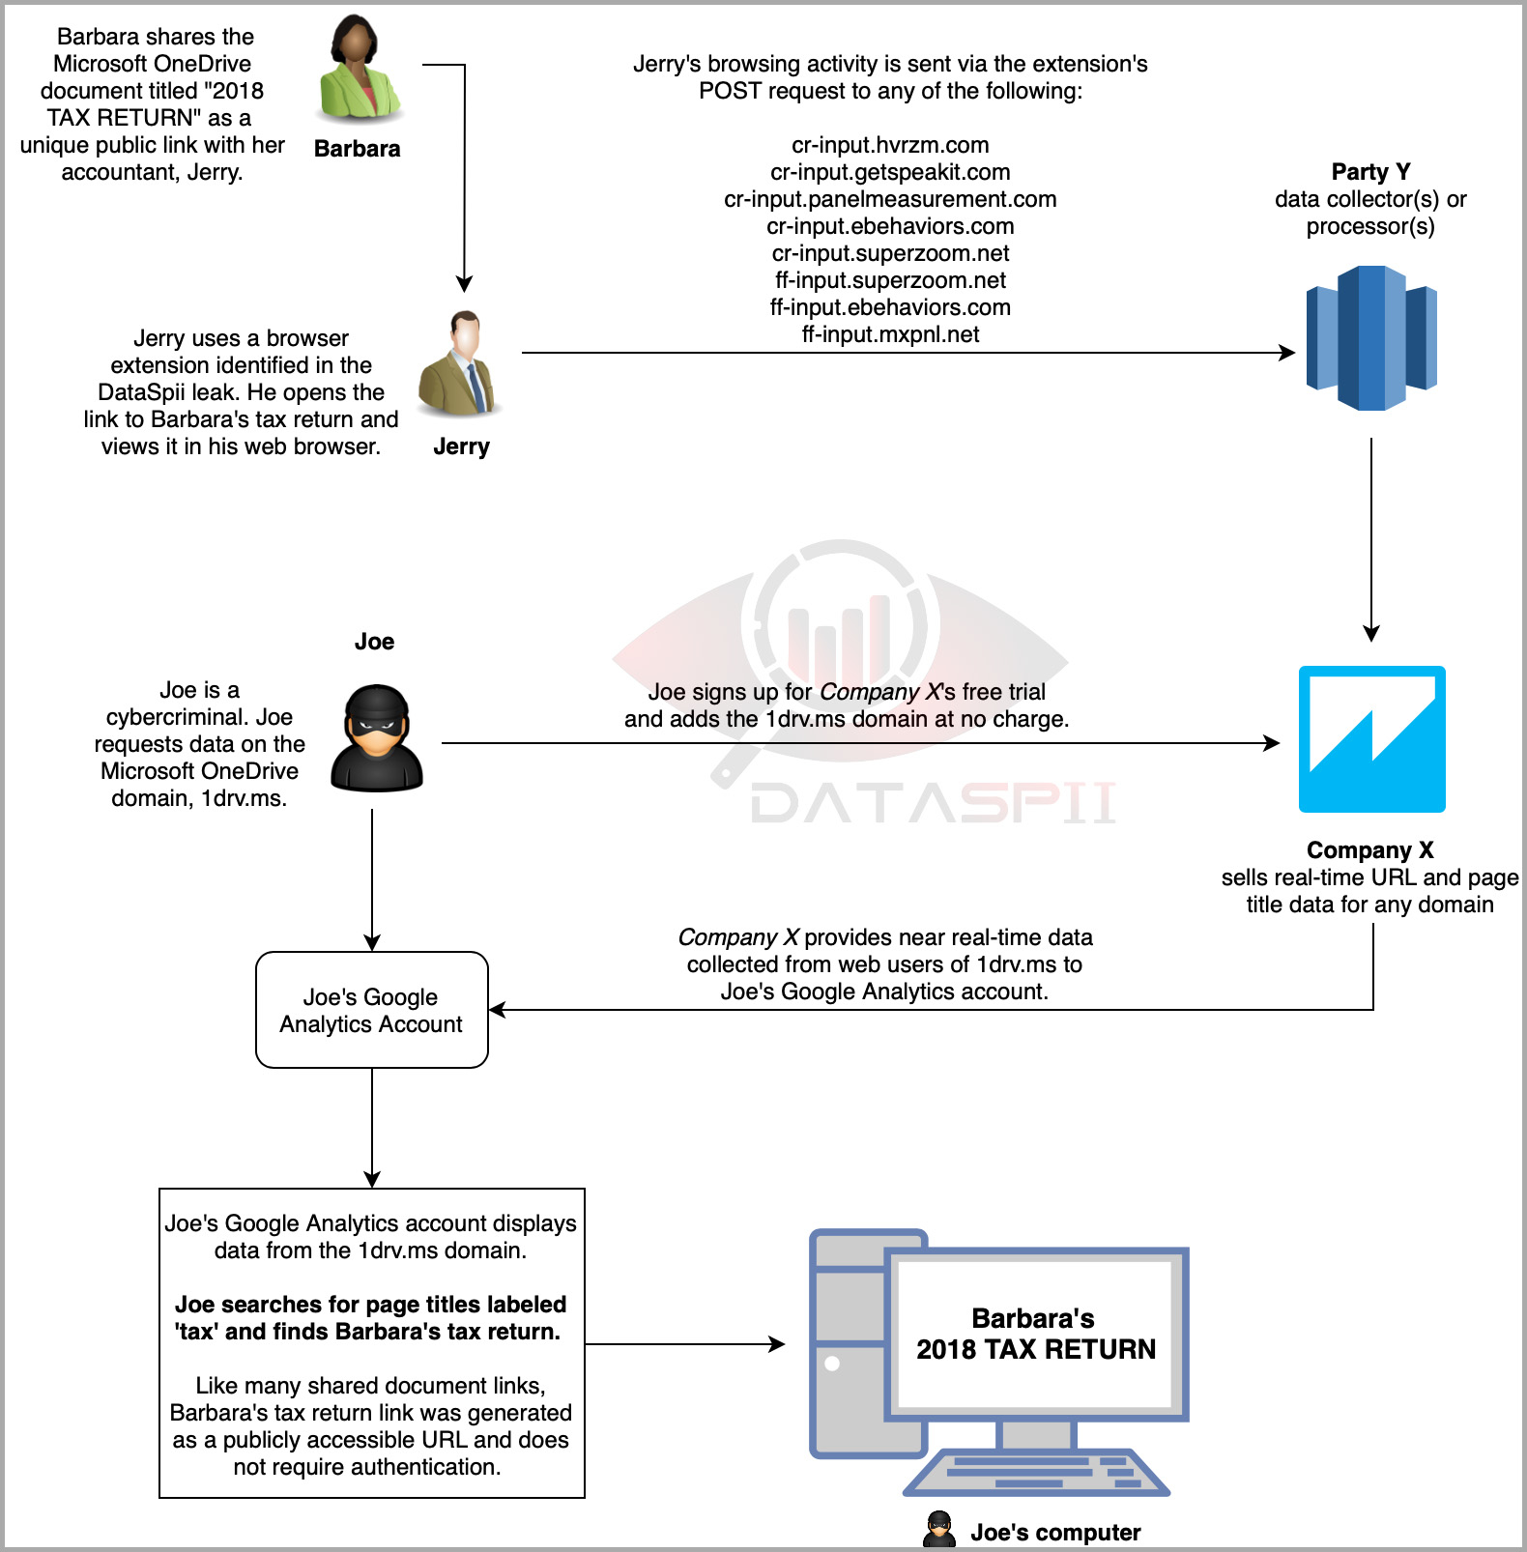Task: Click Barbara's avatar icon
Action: [360, 70]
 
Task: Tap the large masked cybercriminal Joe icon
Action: [376, 738]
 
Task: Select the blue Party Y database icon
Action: [1370, 338]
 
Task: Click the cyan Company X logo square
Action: [1371, 739]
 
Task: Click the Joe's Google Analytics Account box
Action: [372, 1010]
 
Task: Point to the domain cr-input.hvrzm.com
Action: [890, 145]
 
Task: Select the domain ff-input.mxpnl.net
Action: [890, 334]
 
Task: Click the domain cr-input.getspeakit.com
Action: [890, 172]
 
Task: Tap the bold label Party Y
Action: [1370, 172]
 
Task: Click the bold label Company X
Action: [1369, 850]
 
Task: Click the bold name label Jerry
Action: [461, 446]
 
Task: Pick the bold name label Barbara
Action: [357, 149]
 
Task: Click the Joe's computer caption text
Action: [1055, 1533]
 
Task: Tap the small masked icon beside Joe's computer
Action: [938, 1530]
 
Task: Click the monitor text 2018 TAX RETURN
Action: [1035, 1349]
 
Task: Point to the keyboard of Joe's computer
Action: [1036, 1472]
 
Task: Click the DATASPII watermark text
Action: [934, 803]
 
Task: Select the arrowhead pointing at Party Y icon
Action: [1287, 353]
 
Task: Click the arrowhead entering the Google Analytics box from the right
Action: [498, 1010]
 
